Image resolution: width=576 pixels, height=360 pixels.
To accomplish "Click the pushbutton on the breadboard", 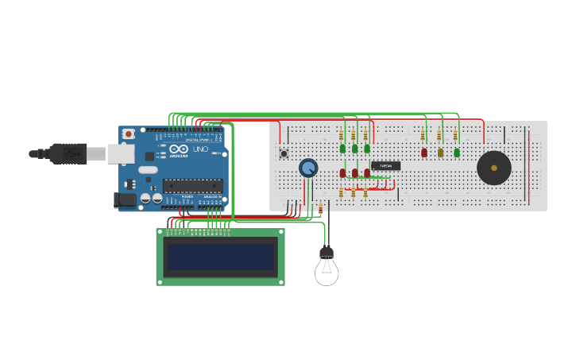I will (x=284, y=153).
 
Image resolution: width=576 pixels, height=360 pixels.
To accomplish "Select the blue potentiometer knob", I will (x=308, y=168).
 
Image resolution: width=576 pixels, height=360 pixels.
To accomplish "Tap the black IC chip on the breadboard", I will (x=385, y=166).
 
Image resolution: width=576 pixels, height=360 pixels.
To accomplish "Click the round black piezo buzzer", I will (x=493, y=168).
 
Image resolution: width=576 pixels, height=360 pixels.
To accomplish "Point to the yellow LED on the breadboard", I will (x=440, y=152).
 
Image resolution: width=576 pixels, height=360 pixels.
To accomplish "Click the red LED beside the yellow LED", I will (x=424, y=152).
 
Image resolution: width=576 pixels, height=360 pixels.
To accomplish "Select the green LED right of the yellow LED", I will (x=457, y=152).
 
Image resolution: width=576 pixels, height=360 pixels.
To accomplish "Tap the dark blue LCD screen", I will (x=220, y=257).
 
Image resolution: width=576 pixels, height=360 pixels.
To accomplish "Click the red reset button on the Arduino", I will (x=128, y=135).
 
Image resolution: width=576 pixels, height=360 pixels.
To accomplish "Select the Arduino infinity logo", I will (x=178, y=149).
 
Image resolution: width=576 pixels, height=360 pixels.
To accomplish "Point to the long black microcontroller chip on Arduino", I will (x=193, y=186).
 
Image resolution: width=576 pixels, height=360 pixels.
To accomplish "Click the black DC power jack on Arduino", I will (x=125, y=200).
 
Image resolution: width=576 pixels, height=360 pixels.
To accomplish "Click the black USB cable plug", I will (x=68, y=153).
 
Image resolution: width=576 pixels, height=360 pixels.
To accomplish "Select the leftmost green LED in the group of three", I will (x=342, y=148).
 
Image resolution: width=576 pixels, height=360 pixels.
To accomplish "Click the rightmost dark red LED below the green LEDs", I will (x=366, y=172).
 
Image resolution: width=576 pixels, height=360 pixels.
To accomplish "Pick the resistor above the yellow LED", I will (x=439, y=135).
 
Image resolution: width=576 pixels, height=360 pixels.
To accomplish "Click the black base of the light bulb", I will (x=327, y=254).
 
